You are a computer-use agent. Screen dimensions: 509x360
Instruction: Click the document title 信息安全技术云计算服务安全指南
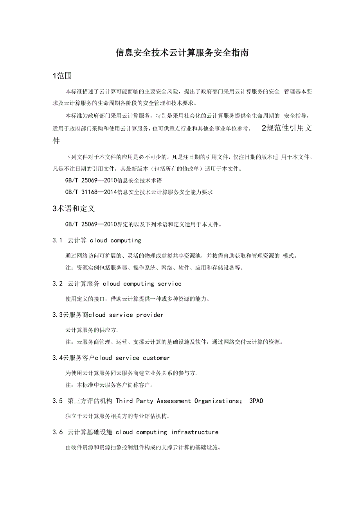click(182, 53)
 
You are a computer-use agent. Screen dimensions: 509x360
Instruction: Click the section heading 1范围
click(62, 76)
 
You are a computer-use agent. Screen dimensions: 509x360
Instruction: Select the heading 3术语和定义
click(74, 209)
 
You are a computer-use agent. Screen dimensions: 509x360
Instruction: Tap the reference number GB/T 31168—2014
click(91, 192)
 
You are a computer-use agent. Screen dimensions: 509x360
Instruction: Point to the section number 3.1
click(58, 240)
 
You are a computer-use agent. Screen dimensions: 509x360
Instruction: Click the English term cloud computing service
click(142, 283)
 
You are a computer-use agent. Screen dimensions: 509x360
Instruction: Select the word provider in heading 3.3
click(150, 315)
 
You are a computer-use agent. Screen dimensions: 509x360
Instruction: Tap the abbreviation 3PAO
click(256, 401)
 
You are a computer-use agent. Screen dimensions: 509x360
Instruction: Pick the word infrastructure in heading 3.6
click(194, 432)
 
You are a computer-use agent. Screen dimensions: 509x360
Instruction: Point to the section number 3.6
click(58, 432)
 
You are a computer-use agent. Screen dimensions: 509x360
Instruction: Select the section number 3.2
click(58, 283)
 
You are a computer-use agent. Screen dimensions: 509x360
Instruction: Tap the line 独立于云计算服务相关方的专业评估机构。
click(117, 416)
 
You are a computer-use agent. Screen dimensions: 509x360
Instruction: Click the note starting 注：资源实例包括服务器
click(155, 268)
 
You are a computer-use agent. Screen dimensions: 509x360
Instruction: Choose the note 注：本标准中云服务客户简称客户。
click(109, 385)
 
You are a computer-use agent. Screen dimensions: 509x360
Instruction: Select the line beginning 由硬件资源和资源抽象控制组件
click(143, 448)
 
